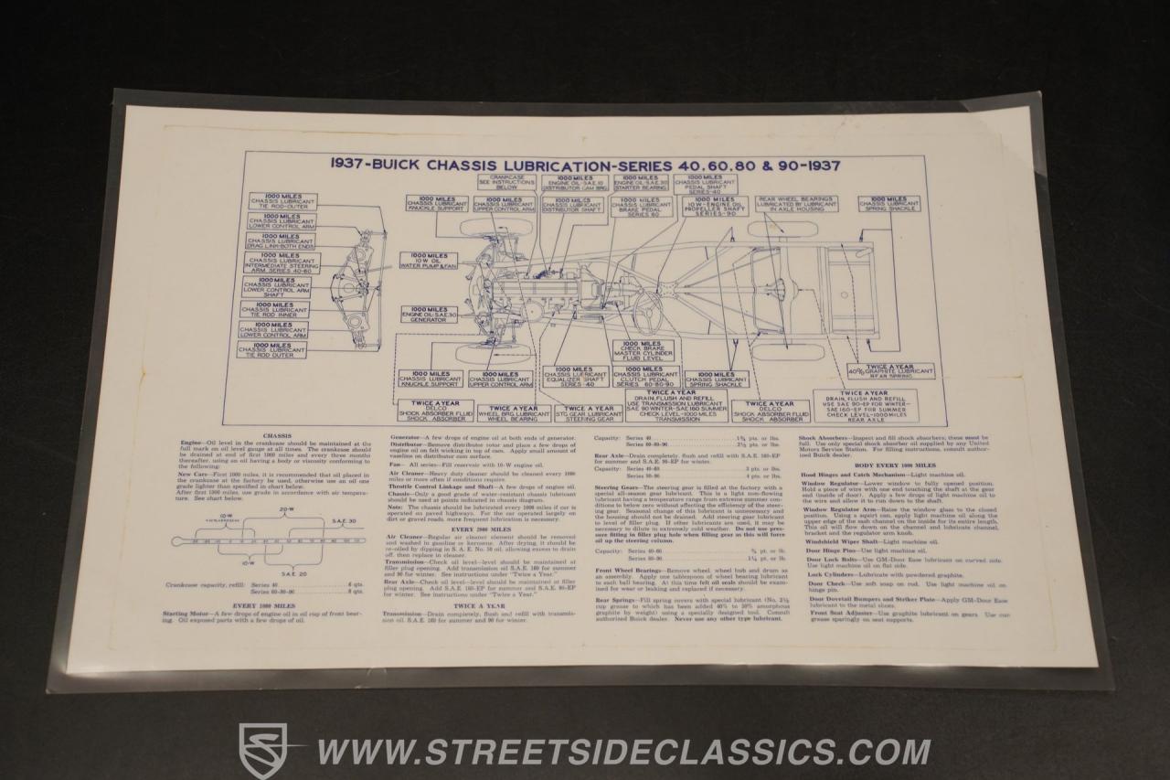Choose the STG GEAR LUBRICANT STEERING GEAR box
(590, 413)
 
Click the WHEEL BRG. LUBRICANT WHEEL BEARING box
(513, 413)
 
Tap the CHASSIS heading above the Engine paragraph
(276, 436)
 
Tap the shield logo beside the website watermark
(261, 751)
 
